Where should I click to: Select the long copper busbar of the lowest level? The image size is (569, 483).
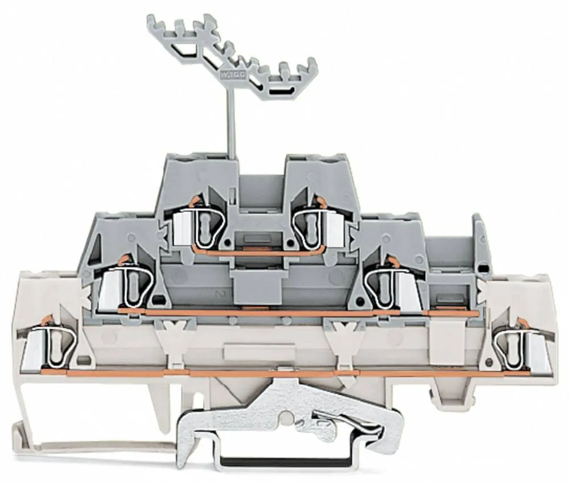click(284, 374)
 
